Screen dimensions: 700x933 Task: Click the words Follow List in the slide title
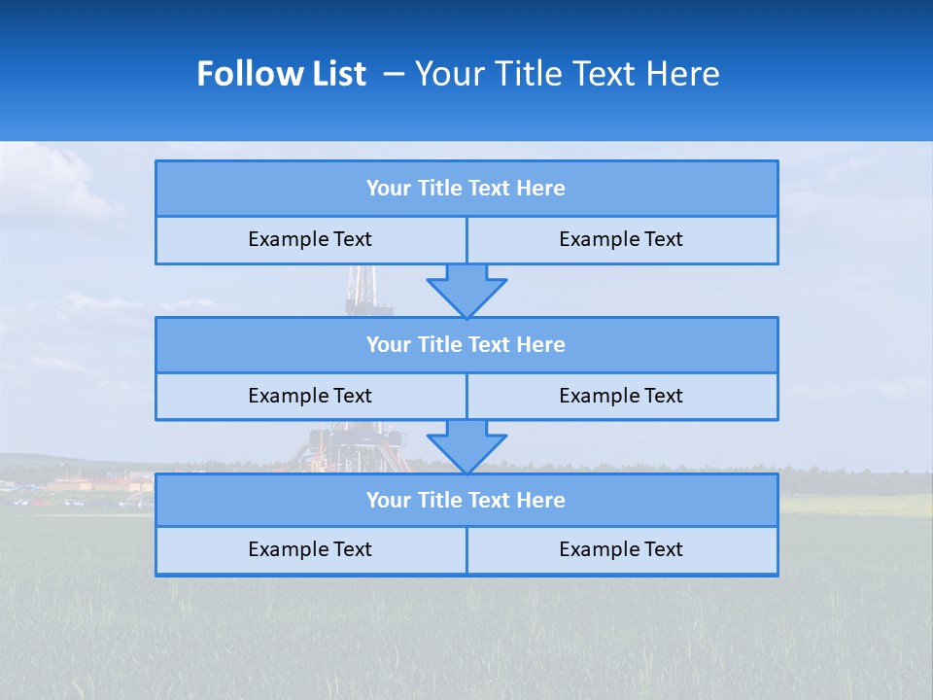(281, 74)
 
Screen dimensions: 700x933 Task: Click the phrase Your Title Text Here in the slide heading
(568, 74)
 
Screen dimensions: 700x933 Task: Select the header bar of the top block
(466, 189)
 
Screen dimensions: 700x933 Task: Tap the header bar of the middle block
(466, 345)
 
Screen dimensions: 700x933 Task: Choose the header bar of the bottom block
(466, 501)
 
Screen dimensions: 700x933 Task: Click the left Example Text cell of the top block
(310, 240)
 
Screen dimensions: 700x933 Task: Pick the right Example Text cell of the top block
(621, 240)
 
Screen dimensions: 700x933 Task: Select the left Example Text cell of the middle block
(310, 397)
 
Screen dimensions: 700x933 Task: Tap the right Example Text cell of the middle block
(621, 397)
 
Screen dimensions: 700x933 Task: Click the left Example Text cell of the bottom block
(310, 550)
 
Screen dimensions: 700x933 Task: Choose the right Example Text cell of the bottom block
(621, 550)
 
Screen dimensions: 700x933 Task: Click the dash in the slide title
(394, 74)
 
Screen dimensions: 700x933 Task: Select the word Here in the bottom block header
(541, 501)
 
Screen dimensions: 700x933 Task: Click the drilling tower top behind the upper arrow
(362, 287)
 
